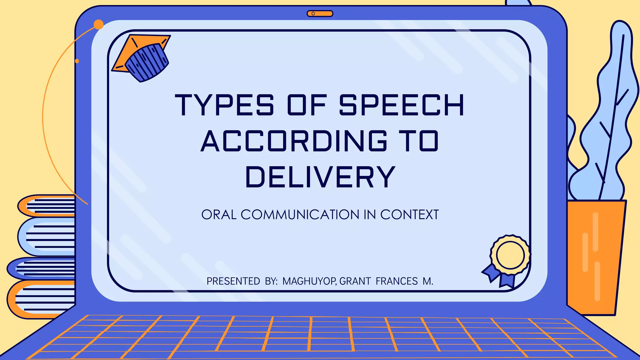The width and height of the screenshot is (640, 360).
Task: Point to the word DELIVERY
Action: (321, 177)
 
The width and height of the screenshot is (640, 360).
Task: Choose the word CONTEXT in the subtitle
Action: (409, 215)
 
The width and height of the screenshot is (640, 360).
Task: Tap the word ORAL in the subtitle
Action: (219, 215)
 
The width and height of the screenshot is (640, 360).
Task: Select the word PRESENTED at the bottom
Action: (233, 281)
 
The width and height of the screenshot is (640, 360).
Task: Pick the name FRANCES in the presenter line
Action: (397, 281)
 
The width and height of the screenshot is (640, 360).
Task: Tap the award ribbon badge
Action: (508, 259)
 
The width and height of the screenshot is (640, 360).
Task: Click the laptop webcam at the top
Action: (320, 13)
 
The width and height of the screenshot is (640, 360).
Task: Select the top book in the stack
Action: (47, 206)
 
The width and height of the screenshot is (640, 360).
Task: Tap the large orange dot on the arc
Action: (98, 24)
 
